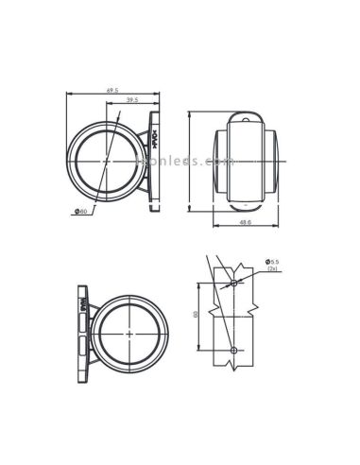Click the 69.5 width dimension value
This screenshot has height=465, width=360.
point(112,90)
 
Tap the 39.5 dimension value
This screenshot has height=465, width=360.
point(131,99)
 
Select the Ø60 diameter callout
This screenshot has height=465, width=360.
point(81,211)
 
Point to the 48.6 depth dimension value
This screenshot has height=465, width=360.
point(245,223)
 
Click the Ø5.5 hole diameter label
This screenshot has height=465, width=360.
point(272,261)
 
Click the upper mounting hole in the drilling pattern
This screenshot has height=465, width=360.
point(233,282)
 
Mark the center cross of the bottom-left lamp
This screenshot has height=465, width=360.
point(127,333)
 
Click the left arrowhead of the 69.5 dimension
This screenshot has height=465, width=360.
point(69,94)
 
